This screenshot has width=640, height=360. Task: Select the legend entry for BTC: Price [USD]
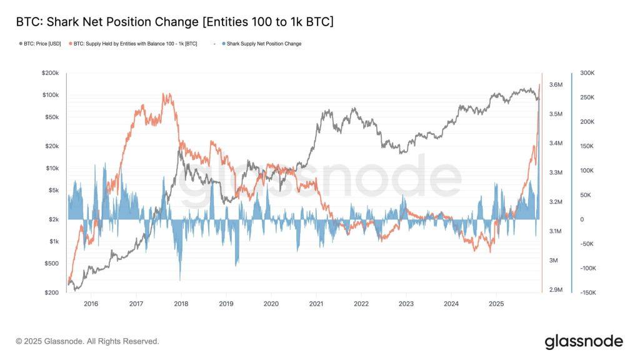point(41,44)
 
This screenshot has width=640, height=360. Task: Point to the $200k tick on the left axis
point(49,73)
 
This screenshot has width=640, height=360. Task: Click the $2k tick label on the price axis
point(52,219)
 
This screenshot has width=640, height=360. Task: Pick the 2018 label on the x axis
point(181,303)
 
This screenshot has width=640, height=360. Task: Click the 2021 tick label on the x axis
point(316,303)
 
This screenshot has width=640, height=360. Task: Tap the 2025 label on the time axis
point(496,303)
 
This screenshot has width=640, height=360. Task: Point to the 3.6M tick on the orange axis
point(556,85)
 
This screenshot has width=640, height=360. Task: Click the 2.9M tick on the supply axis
point(556,290)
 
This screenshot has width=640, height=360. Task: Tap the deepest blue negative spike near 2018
point(180,279)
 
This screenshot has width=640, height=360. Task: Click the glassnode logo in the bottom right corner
point(584,341)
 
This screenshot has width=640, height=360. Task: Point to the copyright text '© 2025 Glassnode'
point(87,341)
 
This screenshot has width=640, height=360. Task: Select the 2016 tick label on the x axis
point(91,303)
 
